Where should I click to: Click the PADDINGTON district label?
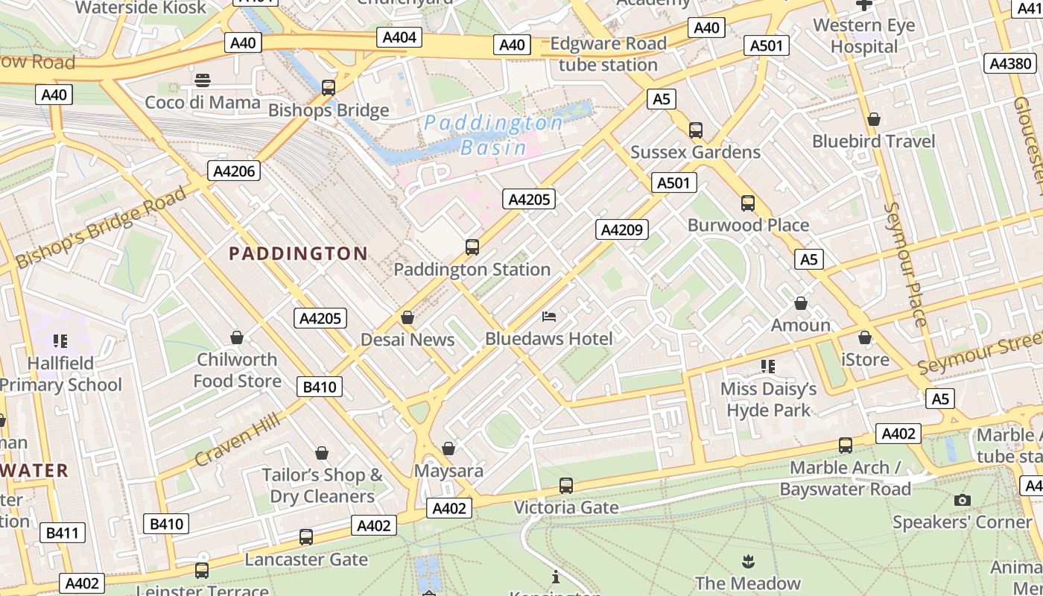(298, 254)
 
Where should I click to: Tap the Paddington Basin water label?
(493, 135)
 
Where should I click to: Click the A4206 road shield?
(234, 171)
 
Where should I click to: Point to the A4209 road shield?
(621, 229)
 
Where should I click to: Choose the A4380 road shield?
(1010, 63)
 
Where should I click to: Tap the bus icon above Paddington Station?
(472, 247)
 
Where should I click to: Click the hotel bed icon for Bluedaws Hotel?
(549, 317)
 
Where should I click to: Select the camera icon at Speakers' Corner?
(962, 500)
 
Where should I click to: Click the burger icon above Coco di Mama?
(203, 80)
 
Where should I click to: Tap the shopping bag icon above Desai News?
(408, 317)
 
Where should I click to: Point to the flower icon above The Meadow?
(747, 560)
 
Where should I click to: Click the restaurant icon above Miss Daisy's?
(767, 366)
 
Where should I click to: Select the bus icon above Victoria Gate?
(566, 486)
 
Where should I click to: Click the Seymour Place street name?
(904, 264)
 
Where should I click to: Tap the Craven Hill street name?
(238, 440)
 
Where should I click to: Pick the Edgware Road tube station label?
(608, 54)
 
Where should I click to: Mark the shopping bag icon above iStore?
(864, 337)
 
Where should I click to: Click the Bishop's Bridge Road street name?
(101, 228)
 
